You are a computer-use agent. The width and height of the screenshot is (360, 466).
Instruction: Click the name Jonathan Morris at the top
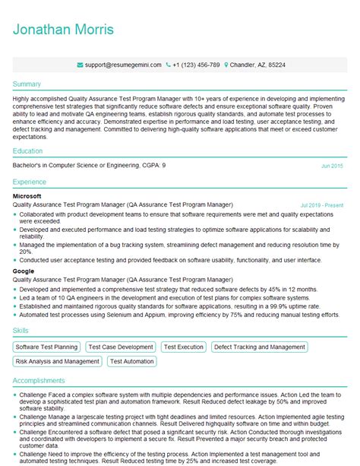click(x=63, y=30)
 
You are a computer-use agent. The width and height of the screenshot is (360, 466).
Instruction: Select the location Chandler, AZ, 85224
click(x=257, y=65)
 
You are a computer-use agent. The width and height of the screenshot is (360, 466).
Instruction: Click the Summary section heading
click(x=27, y=84)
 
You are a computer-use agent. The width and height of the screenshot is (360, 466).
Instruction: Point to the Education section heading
click(x=28, y=151)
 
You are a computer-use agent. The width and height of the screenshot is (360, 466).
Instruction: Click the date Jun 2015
click(x=332, y=165)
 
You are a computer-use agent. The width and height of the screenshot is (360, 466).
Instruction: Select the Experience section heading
click(x=30, y=183)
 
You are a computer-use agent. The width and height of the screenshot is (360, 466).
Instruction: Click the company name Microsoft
click(x=27, y=196)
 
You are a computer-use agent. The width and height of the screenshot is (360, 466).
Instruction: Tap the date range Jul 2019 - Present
click(x=322, y=205)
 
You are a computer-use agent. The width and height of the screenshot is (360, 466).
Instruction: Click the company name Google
click(x=24, y=271)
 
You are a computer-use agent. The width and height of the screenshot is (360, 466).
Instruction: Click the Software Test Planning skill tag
click(x=47, y=347)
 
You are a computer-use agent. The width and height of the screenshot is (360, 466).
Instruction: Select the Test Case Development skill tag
click(x=121, y=347)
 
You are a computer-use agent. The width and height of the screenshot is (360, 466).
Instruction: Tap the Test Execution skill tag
click(x=183, y=347)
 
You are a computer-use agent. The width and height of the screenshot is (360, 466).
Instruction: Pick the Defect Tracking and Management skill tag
click(x=259, y=347)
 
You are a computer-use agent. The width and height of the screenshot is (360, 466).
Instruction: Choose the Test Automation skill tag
click(x=132, y=362)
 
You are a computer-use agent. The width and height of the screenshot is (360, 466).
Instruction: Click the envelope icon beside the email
click(x=81, y=65)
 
